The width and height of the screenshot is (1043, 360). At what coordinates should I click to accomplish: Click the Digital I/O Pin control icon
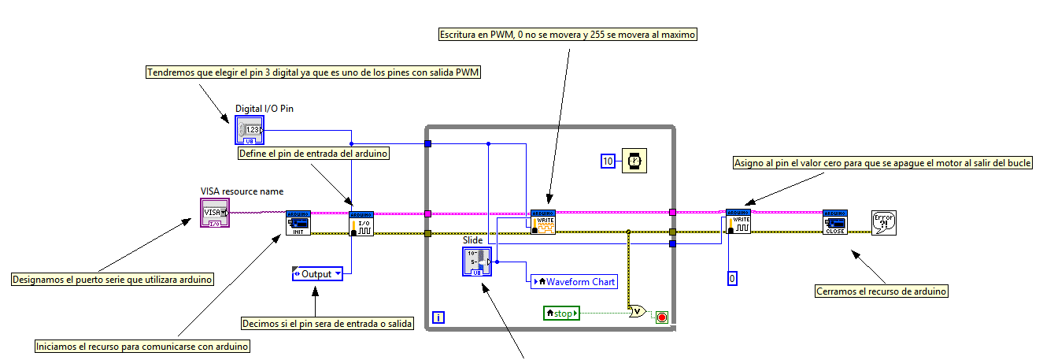click(x=248, y=130)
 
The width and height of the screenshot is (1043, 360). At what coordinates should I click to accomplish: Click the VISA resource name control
click(x=214, y=213)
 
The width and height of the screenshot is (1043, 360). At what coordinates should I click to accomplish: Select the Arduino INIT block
click(x=298, y=223)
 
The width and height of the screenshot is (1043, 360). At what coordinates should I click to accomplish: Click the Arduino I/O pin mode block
click(x=361, y=224)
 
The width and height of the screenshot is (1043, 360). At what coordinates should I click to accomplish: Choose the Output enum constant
click(x=317, y=274)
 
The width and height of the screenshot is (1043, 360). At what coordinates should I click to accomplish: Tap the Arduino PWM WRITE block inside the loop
click(x=543, y=222)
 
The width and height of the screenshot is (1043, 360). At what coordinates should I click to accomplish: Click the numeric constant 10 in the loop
click(x=607, y=161)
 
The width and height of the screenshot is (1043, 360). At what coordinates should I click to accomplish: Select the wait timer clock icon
click(x=634, y=161)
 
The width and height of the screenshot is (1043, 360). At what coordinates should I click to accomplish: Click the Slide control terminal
click(x=476, y=262)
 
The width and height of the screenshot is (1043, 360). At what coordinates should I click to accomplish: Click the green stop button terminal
click(x=561, y=314)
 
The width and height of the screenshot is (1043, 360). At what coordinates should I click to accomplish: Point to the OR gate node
click(x=638, y=312)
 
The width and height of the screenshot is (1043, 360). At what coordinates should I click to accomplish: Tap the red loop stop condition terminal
click(x=661, y=317)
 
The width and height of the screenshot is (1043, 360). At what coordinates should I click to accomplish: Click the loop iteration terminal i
click(x=439, y=318)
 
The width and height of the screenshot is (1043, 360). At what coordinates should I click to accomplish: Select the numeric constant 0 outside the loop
click(x=732, y=278)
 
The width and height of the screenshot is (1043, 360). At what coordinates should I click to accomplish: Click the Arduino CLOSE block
click(x=835, y=222)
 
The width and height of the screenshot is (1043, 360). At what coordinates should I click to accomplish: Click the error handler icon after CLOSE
click(x=884, y=223)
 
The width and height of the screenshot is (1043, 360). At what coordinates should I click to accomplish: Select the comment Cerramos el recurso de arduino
click(x=882, y=291)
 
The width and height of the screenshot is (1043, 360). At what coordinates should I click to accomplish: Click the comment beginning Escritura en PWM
click(x=567, y=35)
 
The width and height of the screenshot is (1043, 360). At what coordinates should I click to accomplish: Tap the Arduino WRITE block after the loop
click(x=738, y=221)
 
